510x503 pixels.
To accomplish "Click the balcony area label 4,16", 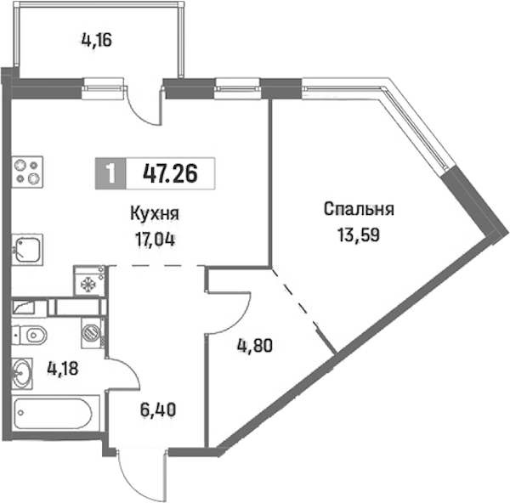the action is click(x=96, y=41).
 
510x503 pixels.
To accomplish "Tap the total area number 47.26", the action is click(x=170, y=173).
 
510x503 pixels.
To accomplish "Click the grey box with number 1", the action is click(x=110, y=173).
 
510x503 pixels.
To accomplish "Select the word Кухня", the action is click(x=155, y=214).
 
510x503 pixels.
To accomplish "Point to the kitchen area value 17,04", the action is click(x=156, y=240).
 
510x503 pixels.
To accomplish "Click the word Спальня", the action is click(x=359, y=209).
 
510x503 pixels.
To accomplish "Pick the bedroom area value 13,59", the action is click(x=359, y=235).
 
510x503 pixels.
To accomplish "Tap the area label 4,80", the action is click(x=255, y=346).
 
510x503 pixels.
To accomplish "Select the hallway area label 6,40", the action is click(x=158, y=410).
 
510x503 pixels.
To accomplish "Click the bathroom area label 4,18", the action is click(x=63, y=369).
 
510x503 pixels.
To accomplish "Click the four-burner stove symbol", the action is click(x=28, y=172).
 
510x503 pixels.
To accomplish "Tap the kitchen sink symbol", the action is click(x=28, y=250).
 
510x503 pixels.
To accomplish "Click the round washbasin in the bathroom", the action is click(x=22, y=373).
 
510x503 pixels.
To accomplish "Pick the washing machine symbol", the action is click(x=93, y=333).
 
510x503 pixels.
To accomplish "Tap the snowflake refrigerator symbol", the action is click(x=89, y=280).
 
